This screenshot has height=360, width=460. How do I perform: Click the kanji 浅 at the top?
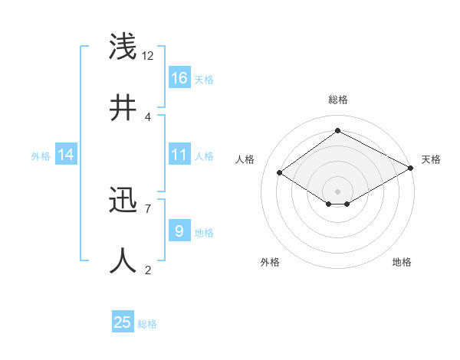point(124,47)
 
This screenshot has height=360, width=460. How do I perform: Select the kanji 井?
point(124,108)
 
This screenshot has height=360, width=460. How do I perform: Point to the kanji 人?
point(124,260)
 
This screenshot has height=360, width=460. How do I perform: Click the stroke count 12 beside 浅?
point(148,56)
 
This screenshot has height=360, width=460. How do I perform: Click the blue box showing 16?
point(179,78)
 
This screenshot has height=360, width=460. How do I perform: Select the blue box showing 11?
point(179,155)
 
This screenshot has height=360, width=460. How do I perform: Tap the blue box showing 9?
point(179,231)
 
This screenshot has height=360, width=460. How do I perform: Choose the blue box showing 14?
point(66,155)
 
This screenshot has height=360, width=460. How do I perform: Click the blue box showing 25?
point(123,322)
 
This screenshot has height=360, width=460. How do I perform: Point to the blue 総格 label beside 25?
point(148,324)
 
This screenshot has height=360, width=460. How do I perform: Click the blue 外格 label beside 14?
point(41,156)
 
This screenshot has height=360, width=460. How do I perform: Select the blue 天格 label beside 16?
point(204,80)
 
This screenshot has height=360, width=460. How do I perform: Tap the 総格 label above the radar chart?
point(337,100)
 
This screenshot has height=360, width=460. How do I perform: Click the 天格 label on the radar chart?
point(431,159)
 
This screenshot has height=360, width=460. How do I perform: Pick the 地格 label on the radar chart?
point(402,262)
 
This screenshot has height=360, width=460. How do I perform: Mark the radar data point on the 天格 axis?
point(411,168)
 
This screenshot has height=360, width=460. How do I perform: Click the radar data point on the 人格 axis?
point(280,173)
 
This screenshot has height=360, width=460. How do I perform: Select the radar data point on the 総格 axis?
point(337,130)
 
